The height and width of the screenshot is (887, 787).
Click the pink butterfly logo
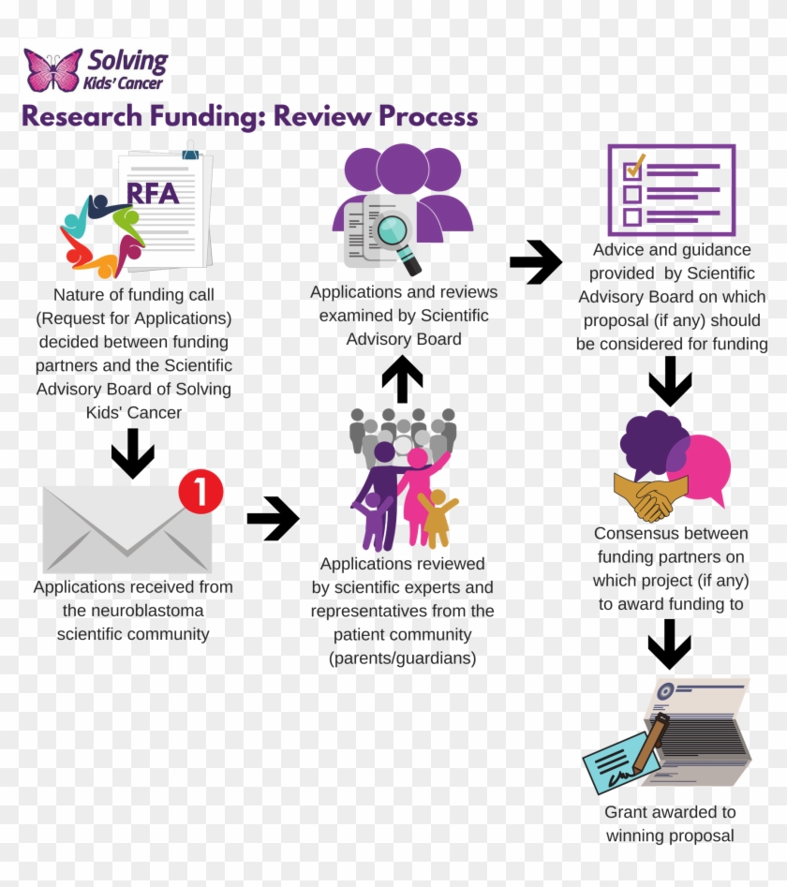tap(53, 70)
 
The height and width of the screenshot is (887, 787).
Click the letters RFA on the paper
tap(153, 193)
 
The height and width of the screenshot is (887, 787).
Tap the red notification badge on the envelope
tap(200, 491)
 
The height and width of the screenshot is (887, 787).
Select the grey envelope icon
tap(126, 530)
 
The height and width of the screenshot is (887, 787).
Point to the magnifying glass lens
tap(393, 229)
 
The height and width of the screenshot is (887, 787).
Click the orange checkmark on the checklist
tap(636, 167)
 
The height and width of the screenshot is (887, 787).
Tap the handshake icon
tap(650, 495)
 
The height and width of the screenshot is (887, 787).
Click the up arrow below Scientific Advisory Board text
tap(403, 379)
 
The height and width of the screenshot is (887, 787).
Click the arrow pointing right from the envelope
tap(273, 519)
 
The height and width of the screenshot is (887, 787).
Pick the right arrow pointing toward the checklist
tap(535, 262)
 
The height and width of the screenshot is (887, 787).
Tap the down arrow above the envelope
tap(132, 453)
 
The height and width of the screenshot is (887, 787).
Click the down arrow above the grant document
tap(669, 644)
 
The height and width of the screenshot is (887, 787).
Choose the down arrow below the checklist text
tap(670, 381)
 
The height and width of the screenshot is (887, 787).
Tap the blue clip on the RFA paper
tap(191, 150)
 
